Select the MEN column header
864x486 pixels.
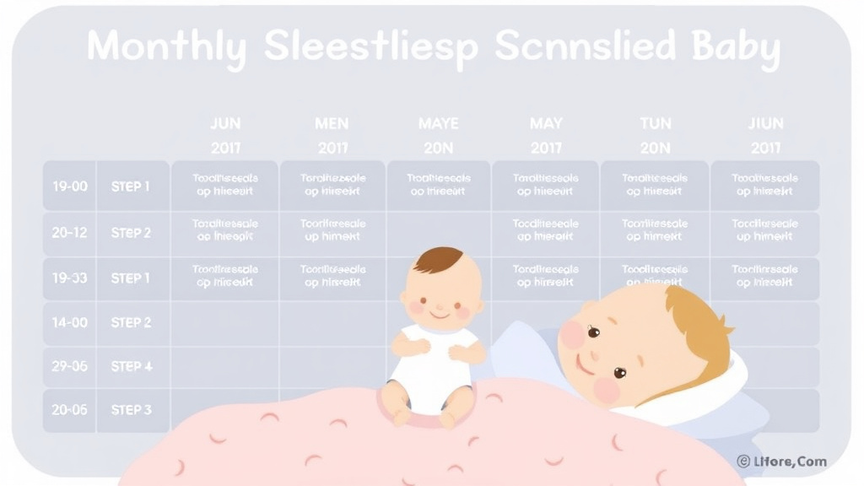pos(332,123)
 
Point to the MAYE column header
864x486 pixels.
pos(439,123)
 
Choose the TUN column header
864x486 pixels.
pos(656,123)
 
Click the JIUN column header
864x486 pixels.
pos(765,123)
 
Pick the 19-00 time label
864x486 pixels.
pos(70,186)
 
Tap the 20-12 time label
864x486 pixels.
pos(70,232)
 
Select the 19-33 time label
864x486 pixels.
pos(70,278)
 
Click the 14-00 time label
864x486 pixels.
pos(70,322)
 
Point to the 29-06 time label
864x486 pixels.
pos(70,366)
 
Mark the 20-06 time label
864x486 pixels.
pos(70,410)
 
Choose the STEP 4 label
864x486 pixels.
pos(132,366)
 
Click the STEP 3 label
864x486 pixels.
pos(132,410)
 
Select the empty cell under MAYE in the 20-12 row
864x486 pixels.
pos(439,232)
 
